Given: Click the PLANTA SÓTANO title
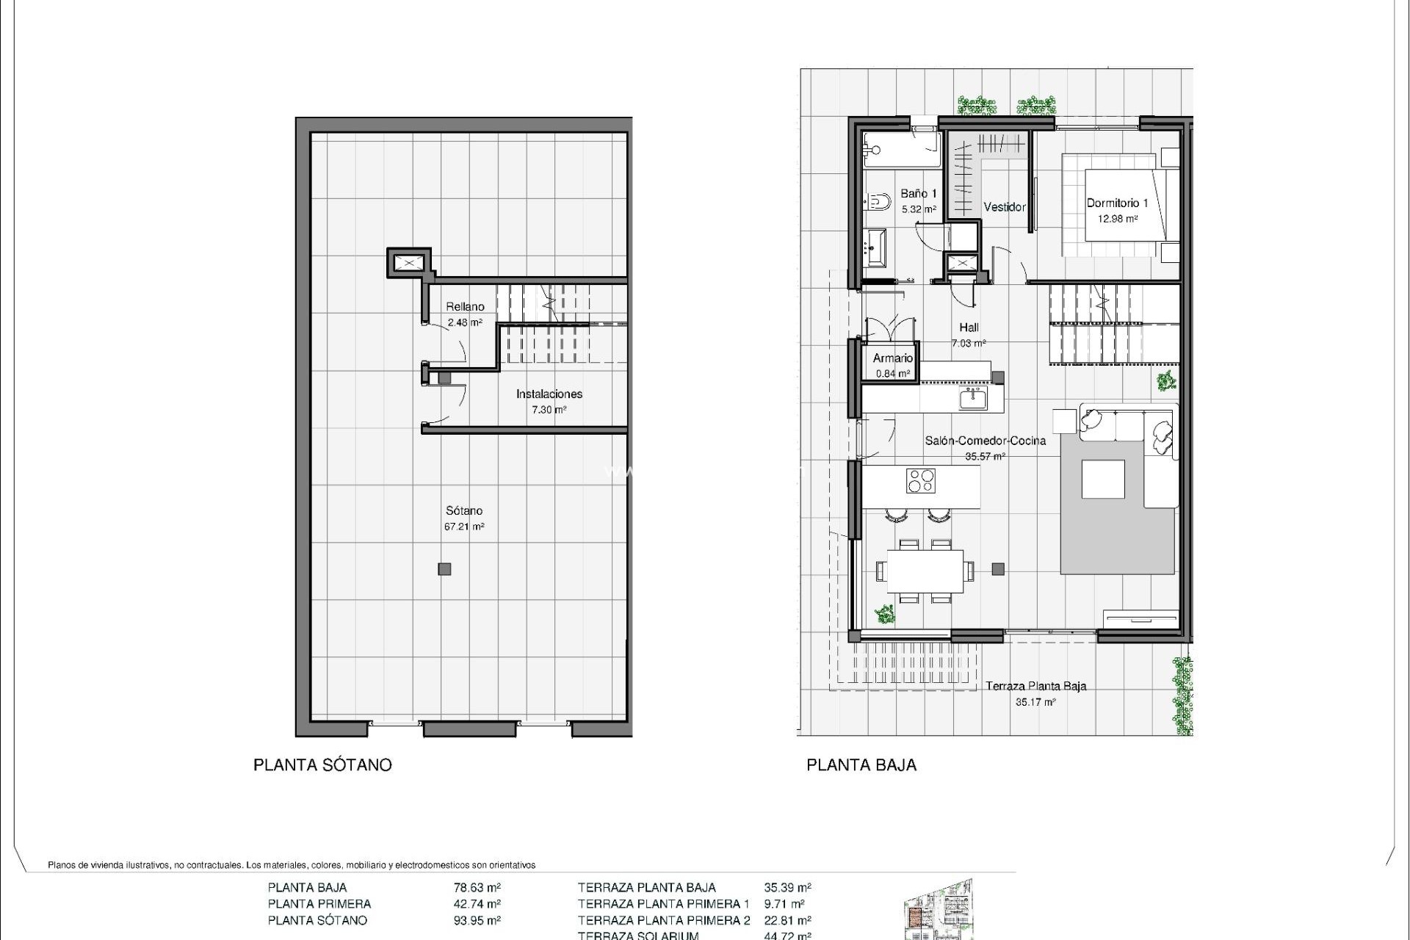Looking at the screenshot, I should coord(322,765).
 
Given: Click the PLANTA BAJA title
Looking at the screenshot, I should coord(861,765).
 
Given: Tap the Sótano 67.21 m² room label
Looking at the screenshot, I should coord(464,518).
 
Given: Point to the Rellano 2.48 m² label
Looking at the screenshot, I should coord(465,314).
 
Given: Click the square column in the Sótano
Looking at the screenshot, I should coord(444,569).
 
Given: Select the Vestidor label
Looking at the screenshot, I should coord(1004,207).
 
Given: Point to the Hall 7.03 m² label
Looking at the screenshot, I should coord(969,335).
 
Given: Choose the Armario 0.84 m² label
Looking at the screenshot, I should coord(892,365).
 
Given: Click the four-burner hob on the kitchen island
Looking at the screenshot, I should coord(920,481).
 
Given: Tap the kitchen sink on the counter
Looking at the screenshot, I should coord(972,399).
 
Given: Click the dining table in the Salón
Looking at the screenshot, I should coord(925,571).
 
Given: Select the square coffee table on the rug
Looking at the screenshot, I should coord(1103,480).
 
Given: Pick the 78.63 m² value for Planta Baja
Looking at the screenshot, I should coord(477,887).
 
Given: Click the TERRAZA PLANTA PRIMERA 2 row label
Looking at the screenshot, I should coord(664,920).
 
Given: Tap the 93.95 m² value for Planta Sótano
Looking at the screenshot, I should coord(477,920).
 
